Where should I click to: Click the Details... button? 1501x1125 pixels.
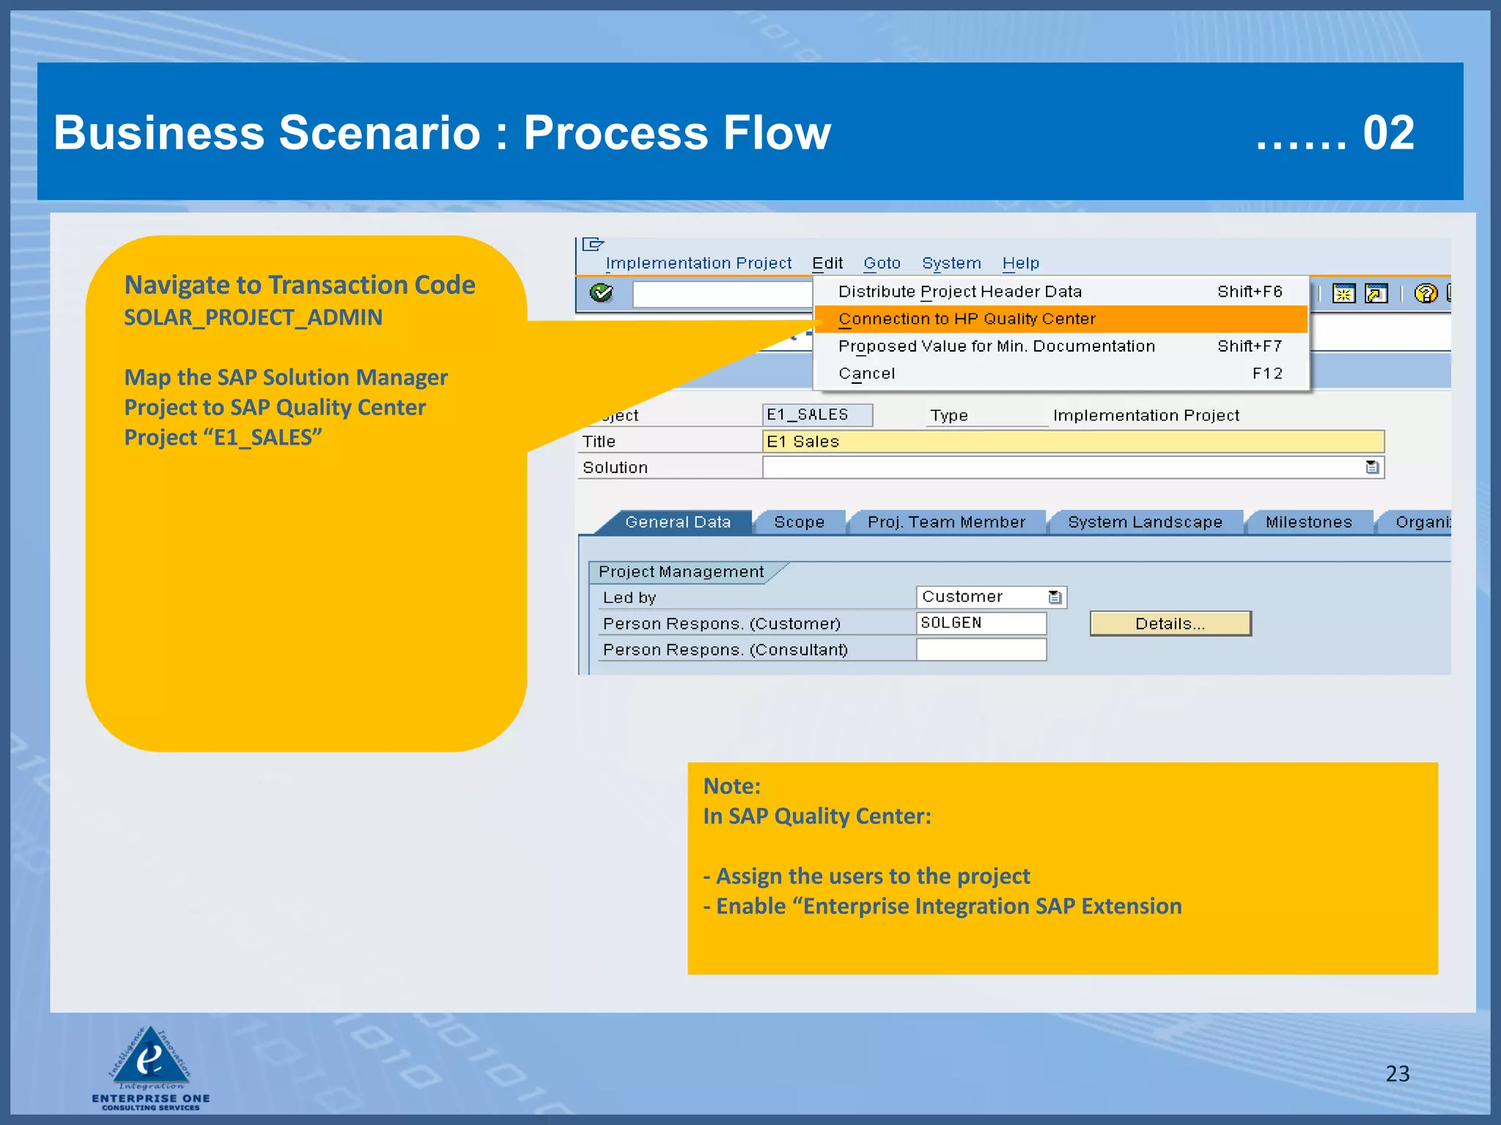pyautogui.click(x=1170, y=623)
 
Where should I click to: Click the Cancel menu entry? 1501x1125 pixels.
pyautogui.click(x=866, y=374)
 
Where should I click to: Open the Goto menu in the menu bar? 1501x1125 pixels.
pyautogui.click(x=881, y=263)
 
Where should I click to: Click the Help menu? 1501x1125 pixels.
pyautogui.click(x=1020, y=263)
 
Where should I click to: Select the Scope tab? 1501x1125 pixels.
pyautogui.click(x=799, y=522)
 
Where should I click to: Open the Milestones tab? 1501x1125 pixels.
pyautogui.click(x=1308, y=522)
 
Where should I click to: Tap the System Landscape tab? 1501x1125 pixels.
pyautogui.click(x=1145, y=522)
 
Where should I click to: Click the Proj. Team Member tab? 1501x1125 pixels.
pyautogui.click(x=946, y=522)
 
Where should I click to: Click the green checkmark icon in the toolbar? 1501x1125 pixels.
pyautogui.click(x=601, y=294)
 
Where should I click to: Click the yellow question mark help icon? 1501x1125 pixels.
pyautogui.click(x=1426, y=294)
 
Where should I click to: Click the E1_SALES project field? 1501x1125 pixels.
pyautogui.click(x=816, y=415)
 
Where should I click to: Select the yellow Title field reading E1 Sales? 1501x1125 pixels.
pyautogui.click(x=1072, y=442)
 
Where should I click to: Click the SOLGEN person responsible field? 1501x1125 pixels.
pyautogui.click(x=980, y=623)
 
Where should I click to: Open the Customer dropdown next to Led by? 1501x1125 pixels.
pyautogui.click(x=1055, y=597)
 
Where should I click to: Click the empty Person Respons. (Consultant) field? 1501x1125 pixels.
pyautogui.click(x=980, y=650)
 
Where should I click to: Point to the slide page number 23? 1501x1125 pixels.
pyautogui.click(x=1397, y=1073)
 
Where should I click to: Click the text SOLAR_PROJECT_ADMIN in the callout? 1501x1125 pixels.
pyautogui.click(x=253, y=317)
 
